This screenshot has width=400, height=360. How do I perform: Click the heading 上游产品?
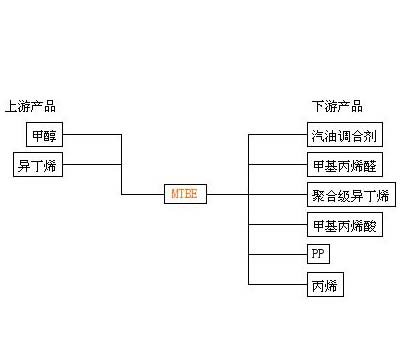click(x=30, y=106)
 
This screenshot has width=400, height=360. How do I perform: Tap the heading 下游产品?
click(x=337, y=106)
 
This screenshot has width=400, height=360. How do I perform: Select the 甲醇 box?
click(x=45, y=135)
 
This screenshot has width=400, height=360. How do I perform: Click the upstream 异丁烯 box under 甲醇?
click(x=38, y=165)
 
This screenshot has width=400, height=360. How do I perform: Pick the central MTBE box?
click(x=185, y=194)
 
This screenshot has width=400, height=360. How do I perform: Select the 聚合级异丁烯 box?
click(x=348, y=194)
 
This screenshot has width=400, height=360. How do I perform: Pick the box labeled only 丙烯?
click(x=324, y=285)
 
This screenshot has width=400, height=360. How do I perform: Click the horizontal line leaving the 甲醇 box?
click(x=92, y=135)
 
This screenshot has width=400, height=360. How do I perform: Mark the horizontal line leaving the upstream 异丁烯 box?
click(x=92, y=165)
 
